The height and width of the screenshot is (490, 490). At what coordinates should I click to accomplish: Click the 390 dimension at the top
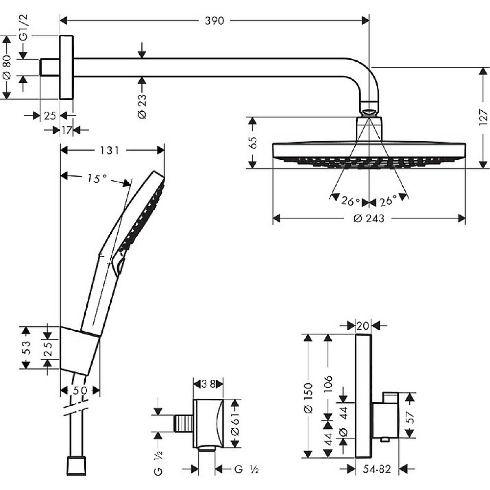[x=214, y=21]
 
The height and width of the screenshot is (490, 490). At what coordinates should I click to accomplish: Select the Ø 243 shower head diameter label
[x=368, y=219]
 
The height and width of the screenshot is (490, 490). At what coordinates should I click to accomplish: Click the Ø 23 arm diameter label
[x=142, y=106]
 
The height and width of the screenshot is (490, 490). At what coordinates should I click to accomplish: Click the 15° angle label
[x=97, y=179]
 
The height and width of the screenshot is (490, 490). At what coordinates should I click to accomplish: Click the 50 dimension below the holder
[x=80, y=391]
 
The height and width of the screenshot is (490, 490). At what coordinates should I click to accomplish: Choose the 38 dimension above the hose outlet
[x=209, y=384]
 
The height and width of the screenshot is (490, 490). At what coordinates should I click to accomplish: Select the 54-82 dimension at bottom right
[x=377, y=469]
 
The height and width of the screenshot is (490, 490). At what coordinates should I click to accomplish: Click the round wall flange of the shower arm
[x=66, y=67]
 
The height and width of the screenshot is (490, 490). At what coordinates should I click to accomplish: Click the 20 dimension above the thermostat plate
[x=363, y=325]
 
